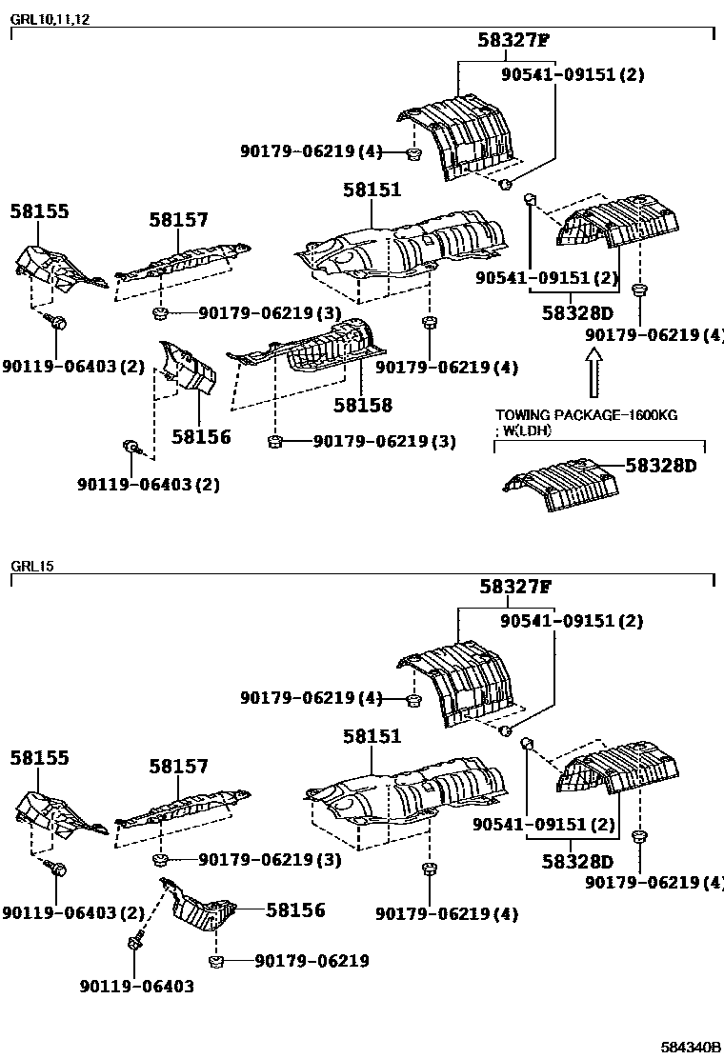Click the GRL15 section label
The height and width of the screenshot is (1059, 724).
pos(32,566)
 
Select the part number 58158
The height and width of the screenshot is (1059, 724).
pos(362,405)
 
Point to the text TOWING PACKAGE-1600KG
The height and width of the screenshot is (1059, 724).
pos(586,416)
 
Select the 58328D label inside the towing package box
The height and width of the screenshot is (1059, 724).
pos(661,466)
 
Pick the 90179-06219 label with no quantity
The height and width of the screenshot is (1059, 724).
pos(312,961)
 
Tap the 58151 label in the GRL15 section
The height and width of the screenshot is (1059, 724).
pos(372,736)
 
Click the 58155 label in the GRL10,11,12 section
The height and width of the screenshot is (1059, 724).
pos(39,211)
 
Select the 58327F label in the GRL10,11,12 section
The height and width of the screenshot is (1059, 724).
pos(515,40)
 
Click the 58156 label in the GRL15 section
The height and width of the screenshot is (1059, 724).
pos(295,910)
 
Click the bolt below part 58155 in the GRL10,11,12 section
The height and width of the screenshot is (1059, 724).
pos(58,324)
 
